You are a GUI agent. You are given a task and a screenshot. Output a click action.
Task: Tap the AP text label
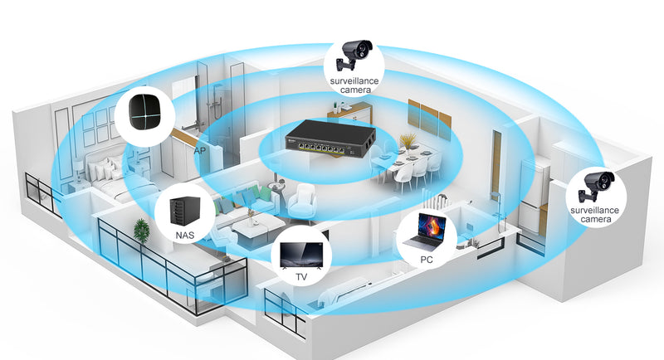click(x=199, y=152)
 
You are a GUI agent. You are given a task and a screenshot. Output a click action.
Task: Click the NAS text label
click(x=185, y=236)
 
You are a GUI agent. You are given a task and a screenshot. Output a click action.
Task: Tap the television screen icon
click(x=302, y=253)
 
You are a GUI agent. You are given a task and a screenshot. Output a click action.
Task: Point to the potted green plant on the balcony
click(x=142, y=232)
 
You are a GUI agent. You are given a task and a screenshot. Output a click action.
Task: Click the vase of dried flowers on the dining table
click(x=407, y=141)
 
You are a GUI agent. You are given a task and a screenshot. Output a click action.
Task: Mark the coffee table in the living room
click(x=253, y=221)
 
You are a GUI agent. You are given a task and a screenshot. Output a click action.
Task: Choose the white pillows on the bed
click(x=104, y=169)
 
